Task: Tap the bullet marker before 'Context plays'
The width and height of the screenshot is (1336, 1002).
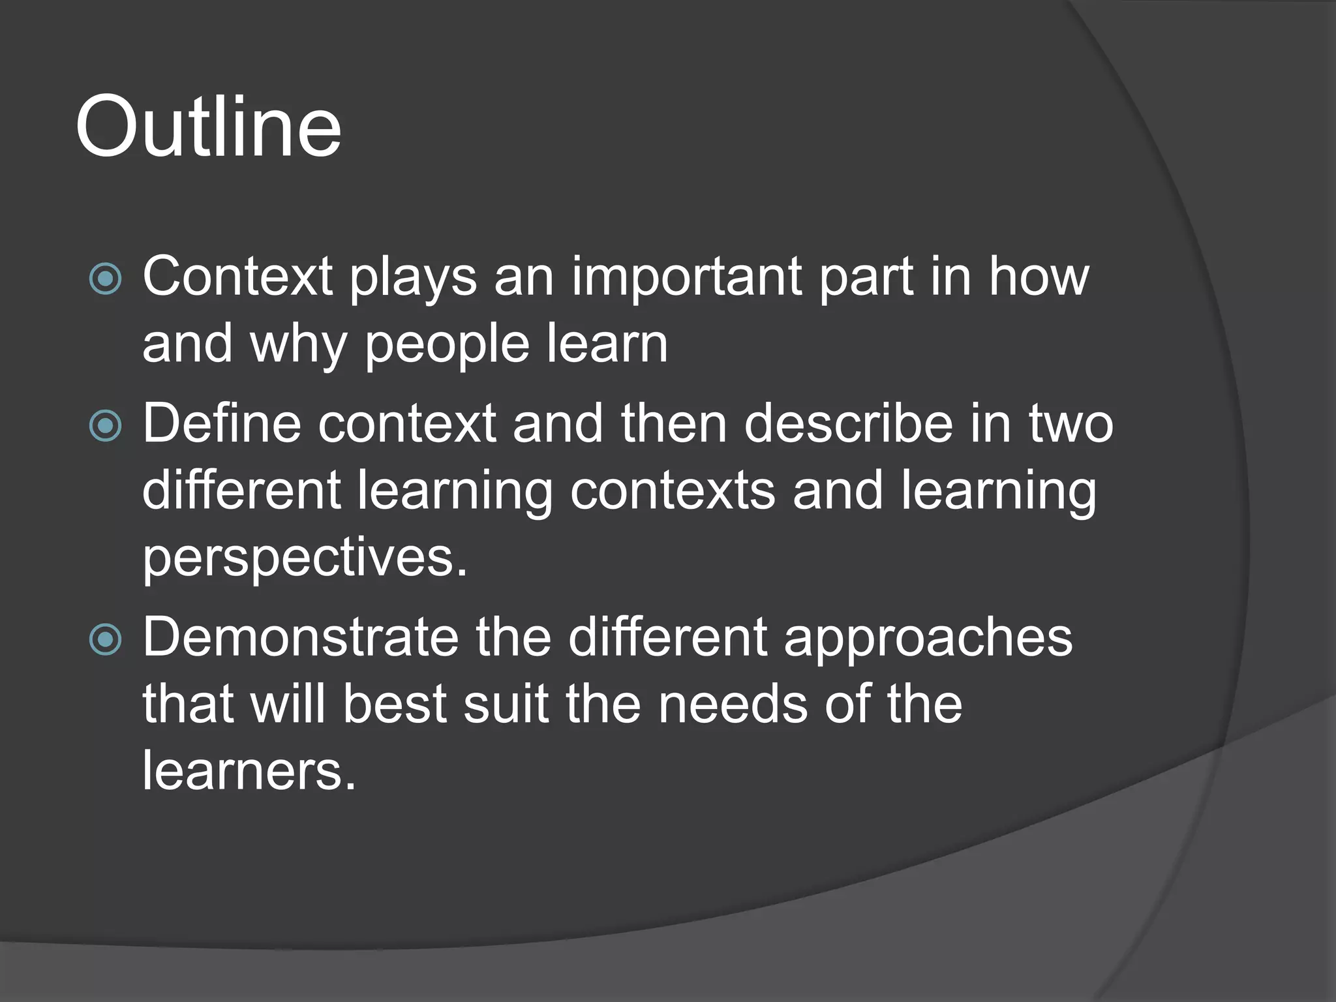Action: [105, 279]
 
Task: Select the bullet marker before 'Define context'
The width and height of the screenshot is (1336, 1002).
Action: [105, 426]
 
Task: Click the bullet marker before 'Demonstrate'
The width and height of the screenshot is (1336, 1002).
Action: [105, 639]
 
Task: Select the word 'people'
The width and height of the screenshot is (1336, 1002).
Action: [446, 345]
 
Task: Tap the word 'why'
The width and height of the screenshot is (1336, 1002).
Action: [298, 345]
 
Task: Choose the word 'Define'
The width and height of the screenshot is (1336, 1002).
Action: [222, 425]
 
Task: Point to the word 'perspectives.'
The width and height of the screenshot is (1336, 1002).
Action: [305, 559]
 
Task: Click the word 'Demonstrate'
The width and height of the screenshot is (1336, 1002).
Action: [301, 638]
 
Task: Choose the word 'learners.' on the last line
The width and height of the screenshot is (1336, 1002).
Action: [249, 771]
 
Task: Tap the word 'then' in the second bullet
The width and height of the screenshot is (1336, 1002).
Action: [673, 425]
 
